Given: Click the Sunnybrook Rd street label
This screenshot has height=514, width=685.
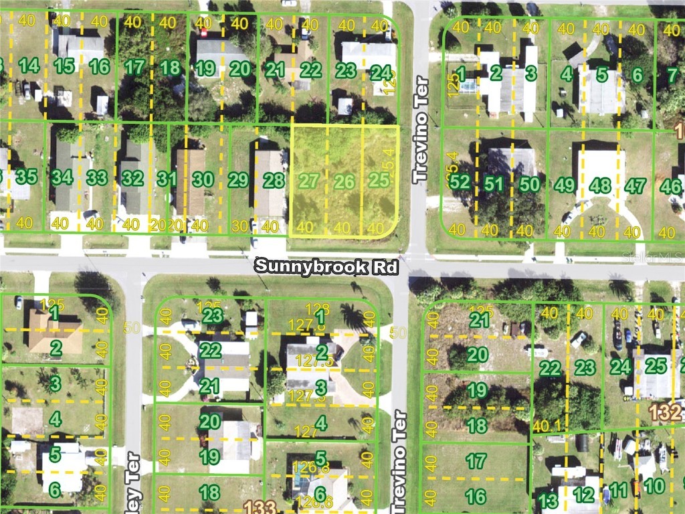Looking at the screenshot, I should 326,267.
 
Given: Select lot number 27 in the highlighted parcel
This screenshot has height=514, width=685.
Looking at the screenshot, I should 308,181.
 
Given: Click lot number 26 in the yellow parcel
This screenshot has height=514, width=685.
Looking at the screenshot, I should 344,181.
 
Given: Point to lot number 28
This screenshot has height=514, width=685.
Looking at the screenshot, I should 274,180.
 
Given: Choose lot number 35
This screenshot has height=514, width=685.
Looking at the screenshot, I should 26,177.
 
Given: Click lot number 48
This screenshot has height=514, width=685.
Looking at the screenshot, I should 601,185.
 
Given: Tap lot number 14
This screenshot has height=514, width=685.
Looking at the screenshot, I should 29,66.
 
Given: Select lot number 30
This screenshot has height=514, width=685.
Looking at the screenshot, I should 203,179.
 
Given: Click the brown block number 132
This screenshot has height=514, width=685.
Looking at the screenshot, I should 665,412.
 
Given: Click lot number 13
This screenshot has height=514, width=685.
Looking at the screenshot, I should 548,499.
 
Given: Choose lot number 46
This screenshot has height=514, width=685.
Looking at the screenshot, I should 670,187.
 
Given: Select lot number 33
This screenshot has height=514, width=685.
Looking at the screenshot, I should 97,177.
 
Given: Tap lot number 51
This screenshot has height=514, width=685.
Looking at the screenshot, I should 494,183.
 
